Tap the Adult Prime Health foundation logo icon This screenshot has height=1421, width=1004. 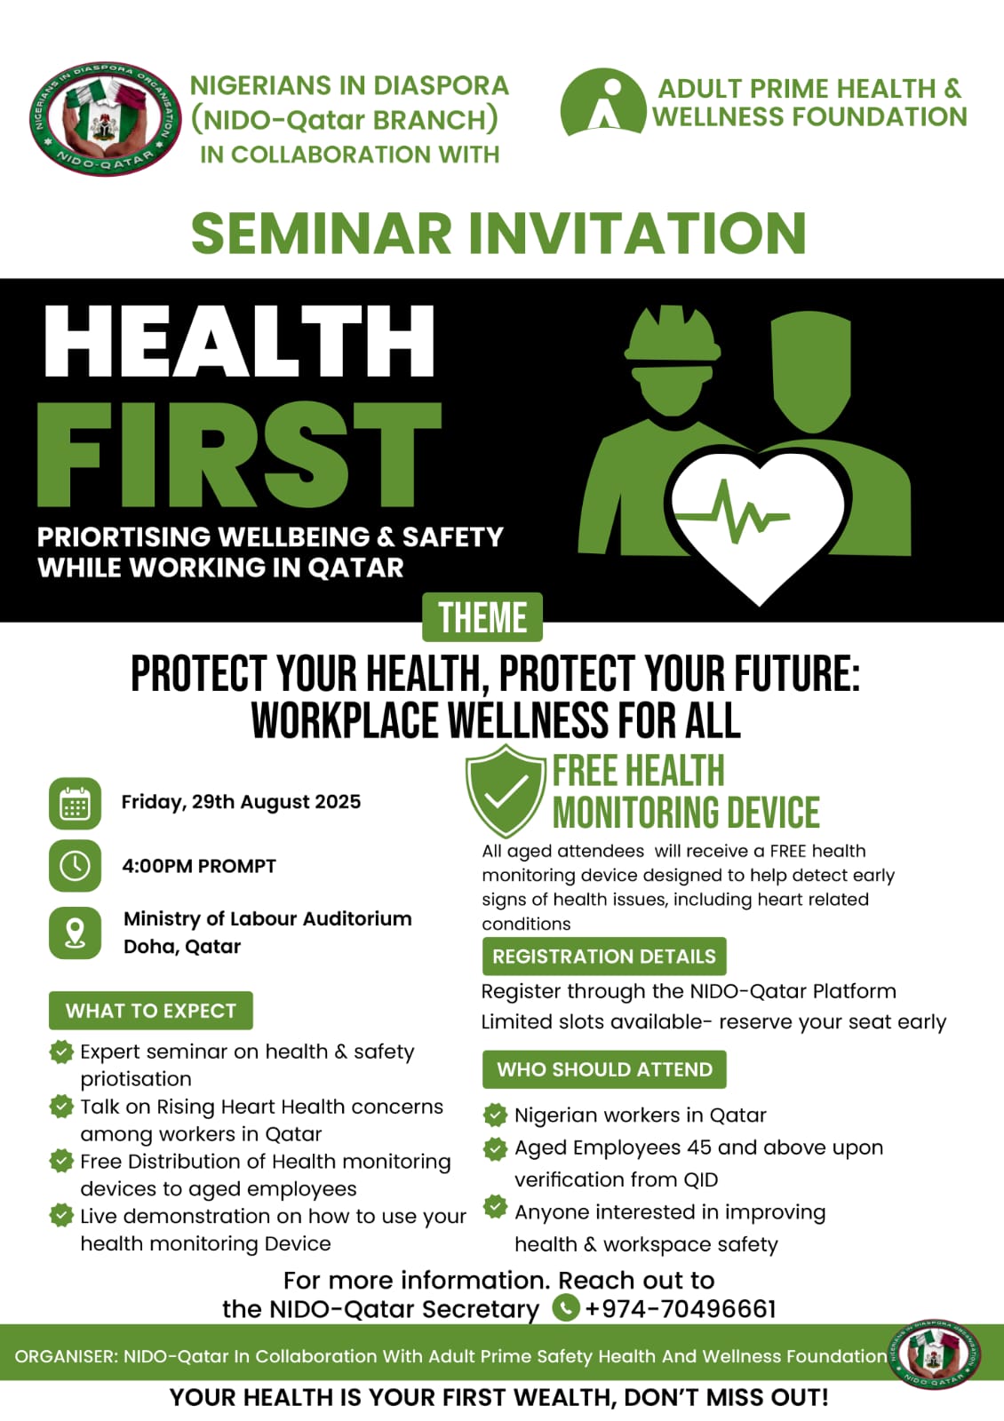click(603, 101)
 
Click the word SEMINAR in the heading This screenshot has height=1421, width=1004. click(321, 233)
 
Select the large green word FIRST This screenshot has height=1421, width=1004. click(239, 454)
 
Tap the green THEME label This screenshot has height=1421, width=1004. click(482, 617)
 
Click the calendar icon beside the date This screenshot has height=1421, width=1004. click(75, 804)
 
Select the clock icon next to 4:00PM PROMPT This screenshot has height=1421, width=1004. click(75, 866)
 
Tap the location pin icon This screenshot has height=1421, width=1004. click(75, 933)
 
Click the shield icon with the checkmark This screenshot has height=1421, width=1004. click(506, 790)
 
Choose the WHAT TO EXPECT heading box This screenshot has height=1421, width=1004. click(151, 1011)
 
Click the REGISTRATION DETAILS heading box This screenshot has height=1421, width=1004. click(604, 956)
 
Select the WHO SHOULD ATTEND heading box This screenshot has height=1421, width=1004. click(604, 1069)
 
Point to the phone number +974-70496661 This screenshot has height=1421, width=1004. click(681, 1309)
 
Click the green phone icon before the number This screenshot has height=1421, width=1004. click(566, 1308)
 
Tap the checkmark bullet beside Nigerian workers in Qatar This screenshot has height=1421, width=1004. click(496, 1115)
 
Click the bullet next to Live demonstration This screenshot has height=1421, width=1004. click(61, 1216)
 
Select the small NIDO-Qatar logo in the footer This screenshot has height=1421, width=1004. click(934, 1354)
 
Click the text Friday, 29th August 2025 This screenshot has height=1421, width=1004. click(241, 802)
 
